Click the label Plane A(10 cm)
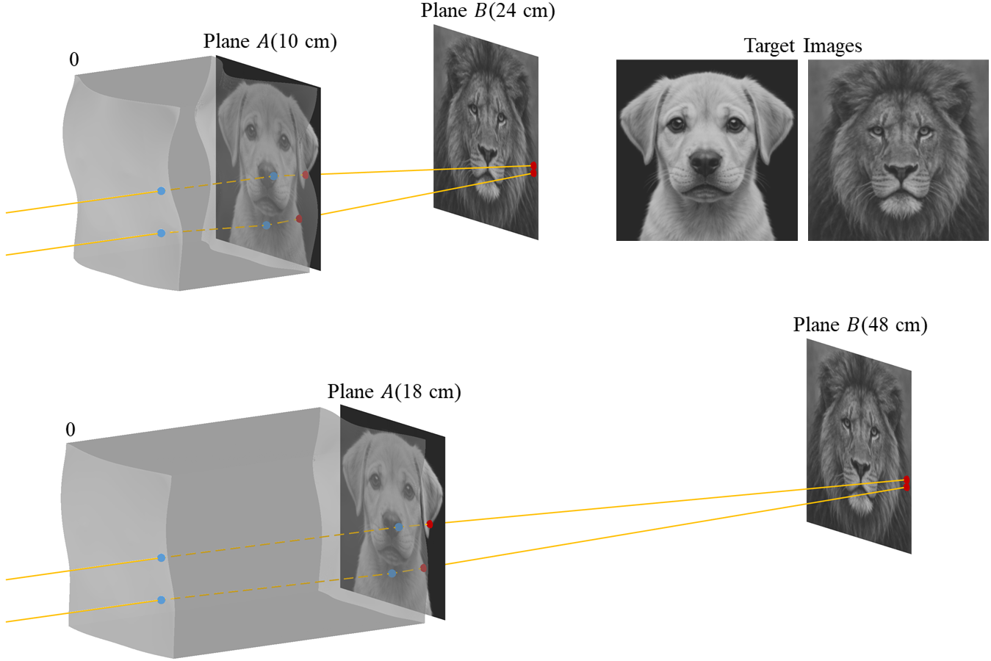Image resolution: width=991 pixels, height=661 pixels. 270,42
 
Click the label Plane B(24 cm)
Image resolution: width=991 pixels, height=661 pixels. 487,11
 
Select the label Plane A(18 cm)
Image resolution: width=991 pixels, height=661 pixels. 394,392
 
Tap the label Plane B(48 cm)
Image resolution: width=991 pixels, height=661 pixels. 860,325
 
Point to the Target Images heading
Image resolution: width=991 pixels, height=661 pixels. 802,46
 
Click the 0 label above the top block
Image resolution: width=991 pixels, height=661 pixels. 74,60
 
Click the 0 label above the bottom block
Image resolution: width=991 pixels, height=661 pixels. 71,430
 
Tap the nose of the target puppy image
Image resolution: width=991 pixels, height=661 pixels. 706,164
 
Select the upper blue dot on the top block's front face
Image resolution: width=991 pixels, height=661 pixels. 162,191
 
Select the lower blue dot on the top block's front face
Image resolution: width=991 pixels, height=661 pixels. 162,234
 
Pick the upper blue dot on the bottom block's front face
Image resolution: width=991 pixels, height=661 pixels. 162,558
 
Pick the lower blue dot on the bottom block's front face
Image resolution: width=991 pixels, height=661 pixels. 162,600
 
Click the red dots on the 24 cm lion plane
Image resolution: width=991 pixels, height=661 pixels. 533,169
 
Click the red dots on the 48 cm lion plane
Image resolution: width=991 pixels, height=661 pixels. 907,483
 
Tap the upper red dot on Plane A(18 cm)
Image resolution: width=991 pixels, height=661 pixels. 430,524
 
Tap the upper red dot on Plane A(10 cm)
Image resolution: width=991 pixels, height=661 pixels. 306,175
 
